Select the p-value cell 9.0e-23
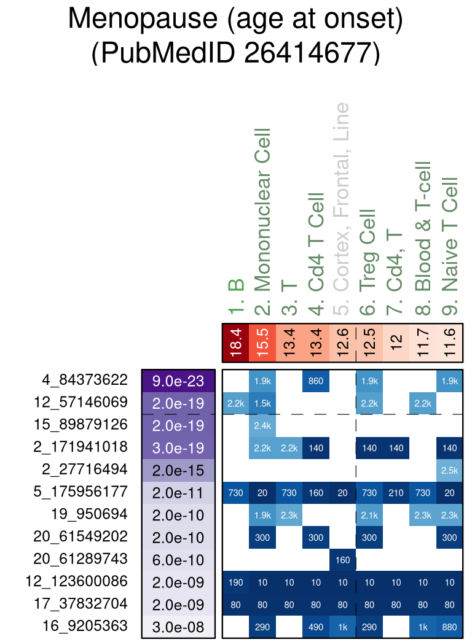coord(178,381)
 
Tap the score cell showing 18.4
coord(236,344)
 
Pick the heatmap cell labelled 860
coord(316,381)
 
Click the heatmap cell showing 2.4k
coord(262,425)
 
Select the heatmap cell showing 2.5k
coord(449,470)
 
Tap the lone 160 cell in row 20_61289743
coord(342,560)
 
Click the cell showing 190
coord(236,582)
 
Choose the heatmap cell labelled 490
coord(316,627)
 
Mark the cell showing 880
coord(449,627)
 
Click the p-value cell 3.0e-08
coord(178,627)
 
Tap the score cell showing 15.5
coord(262,344)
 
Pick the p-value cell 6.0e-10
coord(178,560)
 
